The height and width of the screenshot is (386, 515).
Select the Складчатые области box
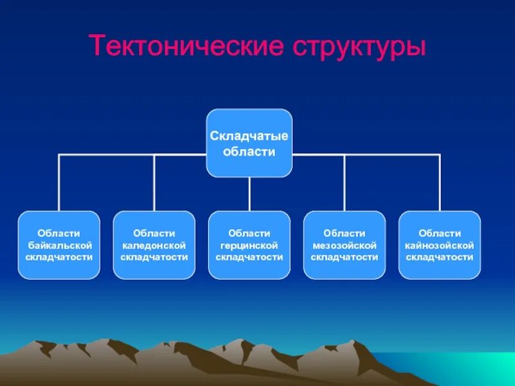click(249, 143)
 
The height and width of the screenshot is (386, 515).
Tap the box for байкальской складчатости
click(59, 245)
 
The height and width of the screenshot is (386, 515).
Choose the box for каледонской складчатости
click(154, 245)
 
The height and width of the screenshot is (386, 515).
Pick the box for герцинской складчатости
click(249, 245)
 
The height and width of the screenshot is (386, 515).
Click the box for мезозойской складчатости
click(344, 245)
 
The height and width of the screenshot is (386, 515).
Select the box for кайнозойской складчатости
click(440, 245)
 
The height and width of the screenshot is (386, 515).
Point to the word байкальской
click(59, 245)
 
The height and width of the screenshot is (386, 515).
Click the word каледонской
click(154, 245)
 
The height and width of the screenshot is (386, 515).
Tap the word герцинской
click(249, 245)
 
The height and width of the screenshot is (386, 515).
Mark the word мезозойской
click(344, 245)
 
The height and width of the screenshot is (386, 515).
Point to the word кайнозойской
click(440, 245)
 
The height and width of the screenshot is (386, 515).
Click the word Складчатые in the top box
click(249, 136)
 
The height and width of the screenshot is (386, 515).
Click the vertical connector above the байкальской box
click(59, 183)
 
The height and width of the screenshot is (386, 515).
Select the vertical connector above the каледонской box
click(154, 183)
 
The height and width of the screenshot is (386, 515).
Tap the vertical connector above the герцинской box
click(249, 194)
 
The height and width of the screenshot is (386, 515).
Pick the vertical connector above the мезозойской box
click(344, 183)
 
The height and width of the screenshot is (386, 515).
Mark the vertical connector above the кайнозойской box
click(440, 183)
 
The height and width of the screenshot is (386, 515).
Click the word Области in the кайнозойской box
click(440, 234)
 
